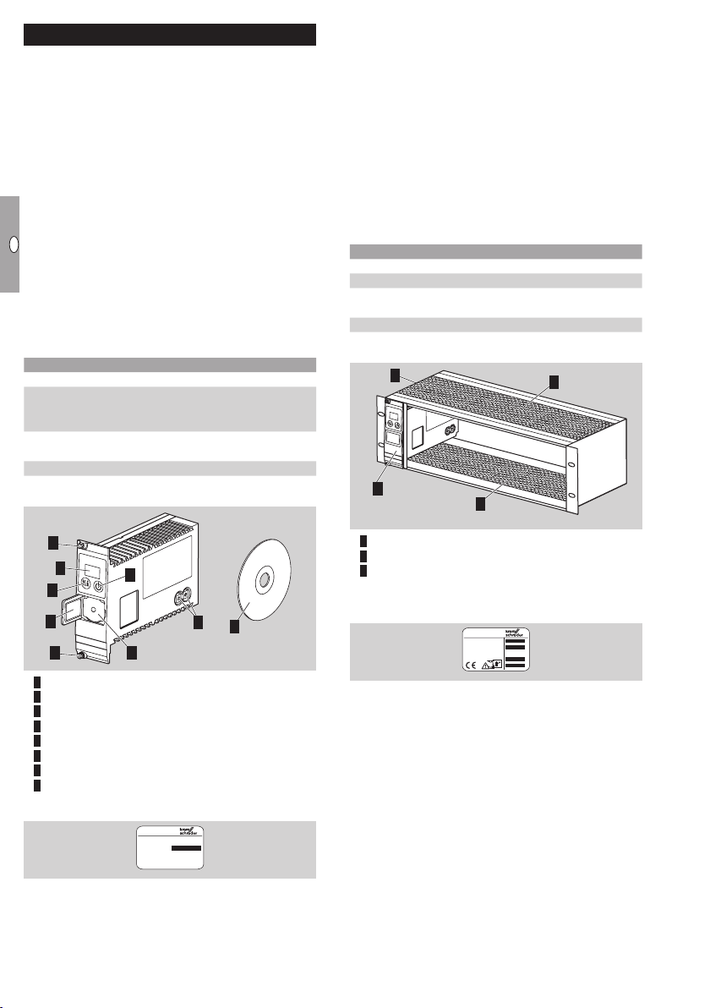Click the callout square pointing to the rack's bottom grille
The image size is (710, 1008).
[x=480, y=503]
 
